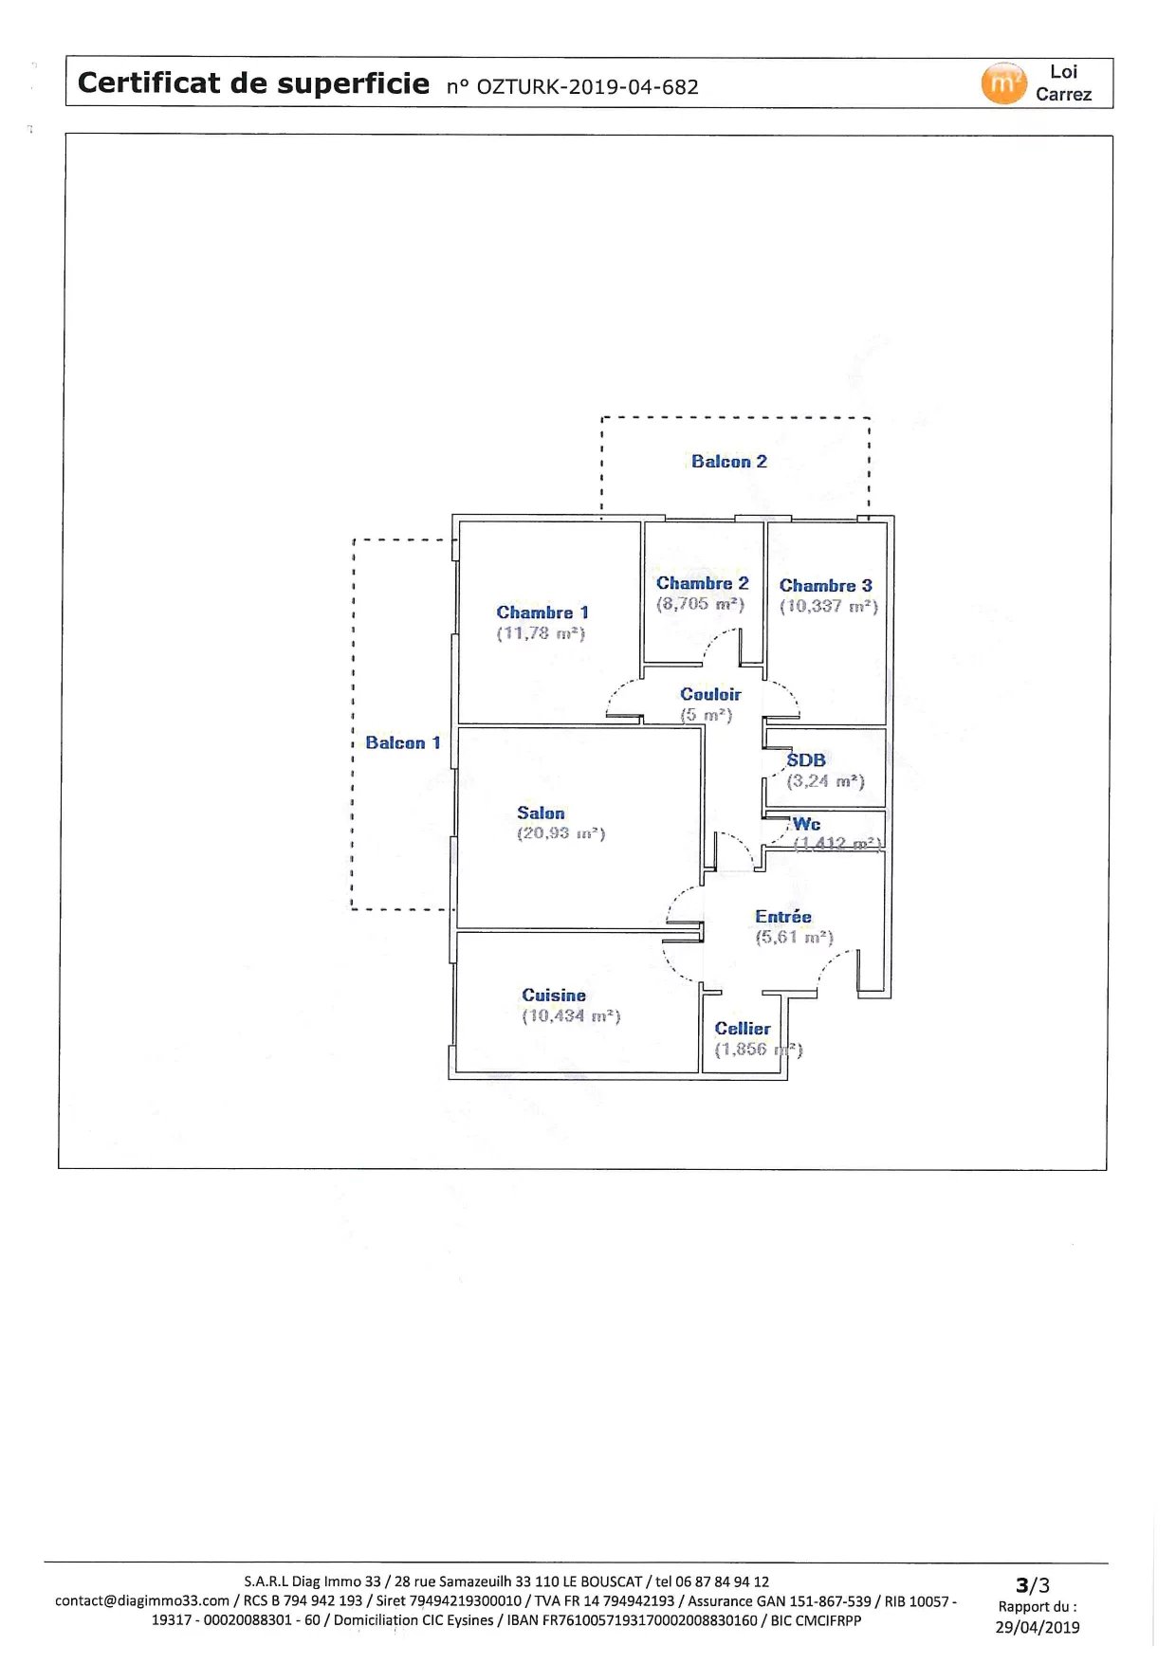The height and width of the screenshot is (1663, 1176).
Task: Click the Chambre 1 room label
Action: point(542,612)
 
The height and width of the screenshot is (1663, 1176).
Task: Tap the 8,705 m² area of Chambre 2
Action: point(701,604)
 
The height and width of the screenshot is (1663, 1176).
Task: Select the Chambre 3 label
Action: point(825,586)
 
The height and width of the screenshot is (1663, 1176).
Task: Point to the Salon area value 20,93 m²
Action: point(560,833)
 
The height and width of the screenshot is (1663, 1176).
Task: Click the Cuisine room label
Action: point(554,996)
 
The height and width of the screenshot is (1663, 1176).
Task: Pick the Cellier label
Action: point(743,1029)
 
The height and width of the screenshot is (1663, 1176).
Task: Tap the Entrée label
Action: point(783,917)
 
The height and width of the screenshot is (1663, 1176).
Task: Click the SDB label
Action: point(806,760)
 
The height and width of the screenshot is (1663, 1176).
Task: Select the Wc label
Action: point(806,824)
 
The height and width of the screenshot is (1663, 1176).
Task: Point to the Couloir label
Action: point(710,695)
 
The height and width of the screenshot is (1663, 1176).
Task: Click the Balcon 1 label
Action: point(403,743)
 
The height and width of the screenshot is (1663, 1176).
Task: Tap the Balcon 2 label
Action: point(728,462)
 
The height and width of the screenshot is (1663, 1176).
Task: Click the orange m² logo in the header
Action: point(1003,83)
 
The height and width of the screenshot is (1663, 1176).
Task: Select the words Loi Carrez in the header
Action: point(1063,83)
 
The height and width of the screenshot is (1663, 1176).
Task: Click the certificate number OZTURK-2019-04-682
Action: point(587,87)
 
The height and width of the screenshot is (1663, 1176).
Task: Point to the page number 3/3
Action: point(1032,1585)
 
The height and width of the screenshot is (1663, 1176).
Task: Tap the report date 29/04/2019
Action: point(1037,1627)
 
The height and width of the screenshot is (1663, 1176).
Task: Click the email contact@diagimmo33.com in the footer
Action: point(142,1601)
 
